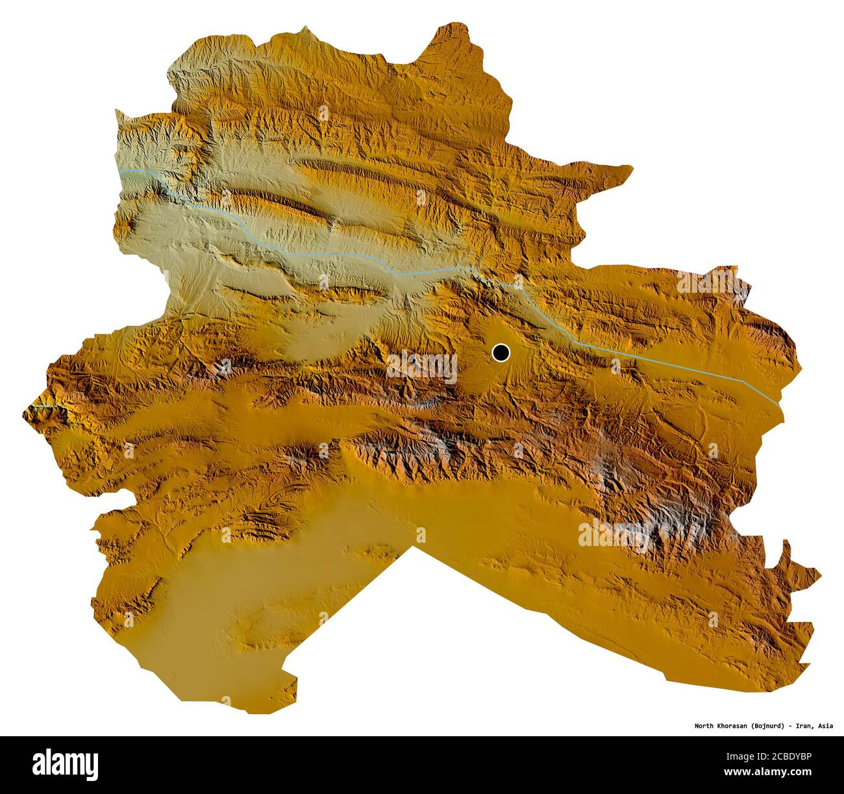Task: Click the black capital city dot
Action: point(501,353)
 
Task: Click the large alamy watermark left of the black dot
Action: point(422,367)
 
